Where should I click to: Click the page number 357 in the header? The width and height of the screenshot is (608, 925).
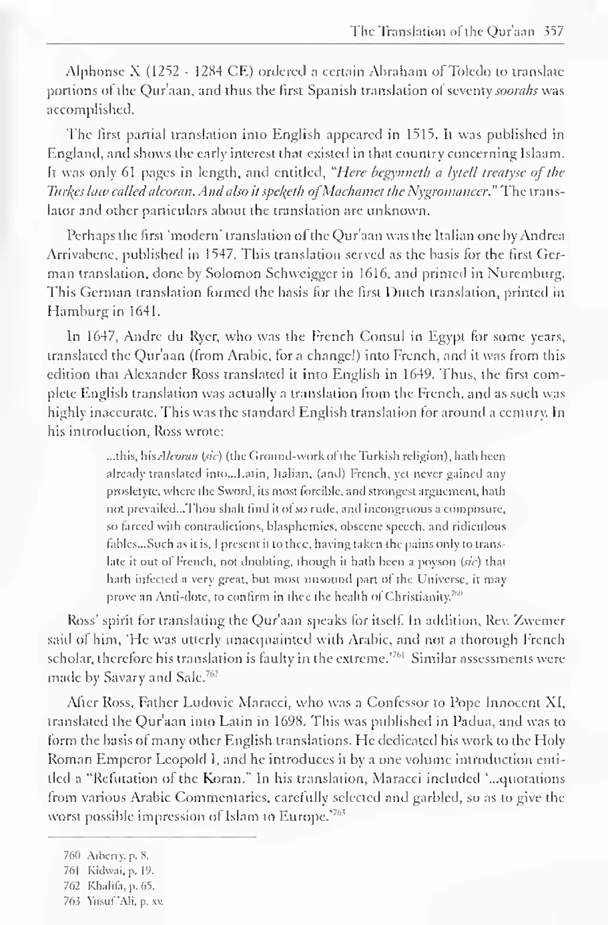(x=553, y=32)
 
